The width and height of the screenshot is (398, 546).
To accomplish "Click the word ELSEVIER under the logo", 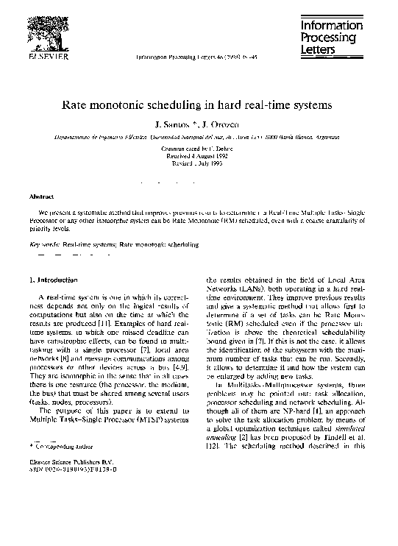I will click(x=49, y=56).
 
